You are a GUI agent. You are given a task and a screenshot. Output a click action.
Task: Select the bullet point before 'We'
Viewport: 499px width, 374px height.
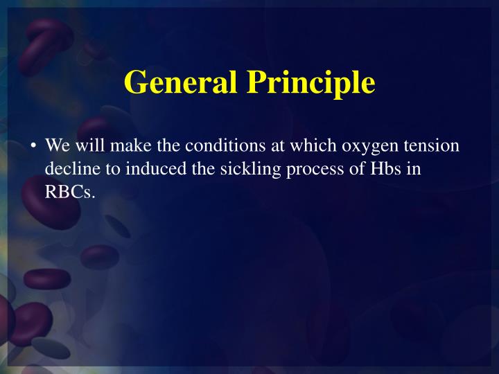pos(33,146)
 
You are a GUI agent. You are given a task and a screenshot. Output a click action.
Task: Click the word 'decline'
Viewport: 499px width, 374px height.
pos(69,168)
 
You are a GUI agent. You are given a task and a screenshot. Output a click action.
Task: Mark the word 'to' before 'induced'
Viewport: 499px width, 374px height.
pos(106,168)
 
